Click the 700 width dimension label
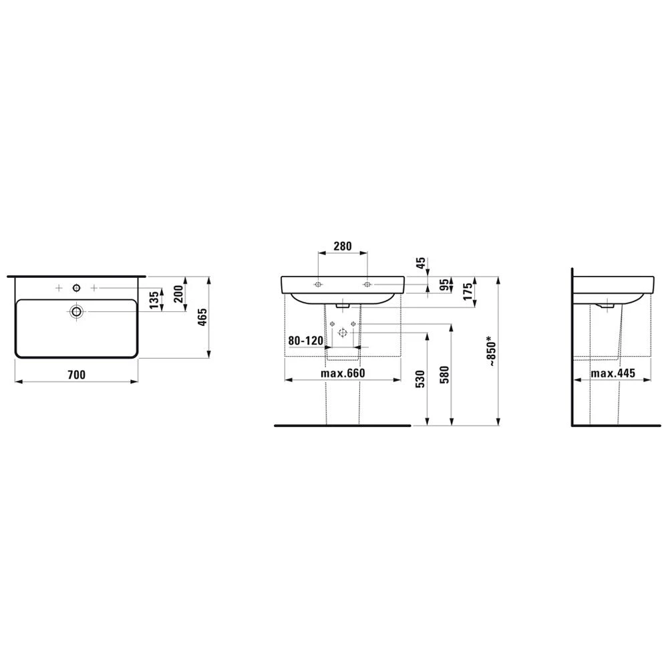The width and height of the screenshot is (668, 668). pos(77,375)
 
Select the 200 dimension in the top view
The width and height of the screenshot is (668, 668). pos(178,293)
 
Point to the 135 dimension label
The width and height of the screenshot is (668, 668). pos(155,299)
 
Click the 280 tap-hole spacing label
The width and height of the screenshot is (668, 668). pos(343,246)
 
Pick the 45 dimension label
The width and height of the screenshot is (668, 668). pos(421,263)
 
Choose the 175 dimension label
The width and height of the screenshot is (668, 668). pos(468,292)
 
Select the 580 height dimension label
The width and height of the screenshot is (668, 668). pos(444,375)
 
